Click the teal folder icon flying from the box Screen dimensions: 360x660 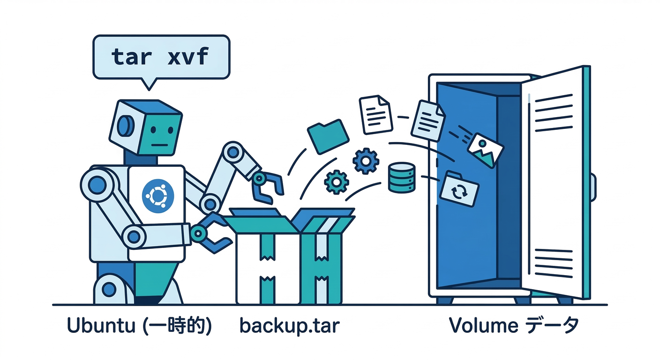[328, 135]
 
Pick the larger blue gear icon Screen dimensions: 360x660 [365, 161]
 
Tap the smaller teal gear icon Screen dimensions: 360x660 [336, 182]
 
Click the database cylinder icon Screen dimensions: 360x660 [402, 177]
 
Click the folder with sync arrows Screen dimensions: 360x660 [460, 189]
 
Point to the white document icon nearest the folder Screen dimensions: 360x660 [375, 114]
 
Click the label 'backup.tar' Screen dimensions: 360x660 [289, 325]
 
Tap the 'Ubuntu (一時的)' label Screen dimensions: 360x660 [139, 325]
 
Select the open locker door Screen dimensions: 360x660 [555, 183]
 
